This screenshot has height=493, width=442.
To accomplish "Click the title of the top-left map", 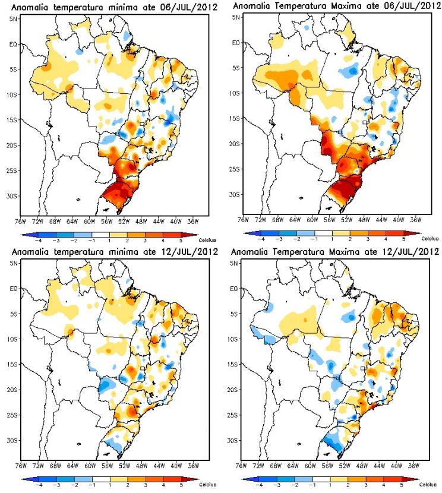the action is coord(115,7).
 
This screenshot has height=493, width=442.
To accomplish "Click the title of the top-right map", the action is coord(337,6).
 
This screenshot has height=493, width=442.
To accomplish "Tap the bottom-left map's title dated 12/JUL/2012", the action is coord(115,251).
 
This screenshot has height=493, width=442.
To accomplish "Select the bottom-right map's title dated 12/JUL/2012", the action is coord(335,251).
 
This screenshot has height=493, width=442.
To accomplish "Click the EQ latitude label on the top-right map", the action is coord(236,43).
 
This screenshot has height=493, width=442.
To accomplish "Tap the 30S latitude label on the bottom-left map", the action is coord(12,441).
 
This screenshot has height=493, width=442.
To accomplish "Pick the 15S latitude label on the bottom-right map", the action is coord(232,365).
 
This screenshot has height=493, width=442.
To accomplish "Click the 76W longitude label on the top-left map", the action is coord(20,222).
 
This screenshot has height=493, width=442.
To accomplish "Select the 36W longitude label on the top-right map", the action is coord(416,220).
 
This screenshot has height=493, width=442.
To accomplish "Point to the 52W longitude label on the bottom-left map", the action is coord(125,466).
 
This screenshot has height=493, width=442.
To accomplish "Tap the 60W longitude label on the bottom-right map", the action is coord(310,466).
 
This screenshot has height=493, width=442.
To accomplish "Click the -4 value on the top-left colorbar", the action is coord(39,241).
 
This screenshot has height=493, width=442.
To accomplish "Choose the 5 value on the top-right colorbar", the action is coord(404,239).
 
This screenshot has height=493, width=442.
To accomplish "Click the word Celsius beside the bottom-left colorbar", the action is coord(207,485).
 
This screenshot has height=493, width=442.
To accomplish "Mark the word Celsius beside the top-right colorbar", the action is coord(430,239).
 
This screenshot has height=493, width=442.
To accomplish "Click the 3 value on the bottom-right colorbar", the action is coord(366,485).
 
